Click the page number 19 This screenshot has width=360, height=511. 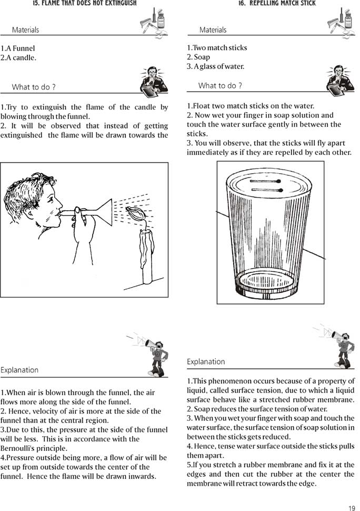(x=351, y=508)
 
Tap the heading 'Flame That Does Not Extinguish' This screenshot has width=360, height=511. (x=84, y=4)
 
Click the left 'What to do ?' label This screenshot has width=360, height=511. (x=34, y=87)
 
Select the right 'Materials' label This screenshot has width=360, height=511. (x=213, y=30)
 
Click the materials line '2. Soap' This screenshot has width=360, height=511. (x=198, y=57)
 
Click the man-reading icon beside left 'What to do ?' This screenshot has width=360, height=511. (x=154, y=81)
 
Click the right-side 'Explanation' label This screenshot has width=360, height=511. (x=206, y=362)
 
